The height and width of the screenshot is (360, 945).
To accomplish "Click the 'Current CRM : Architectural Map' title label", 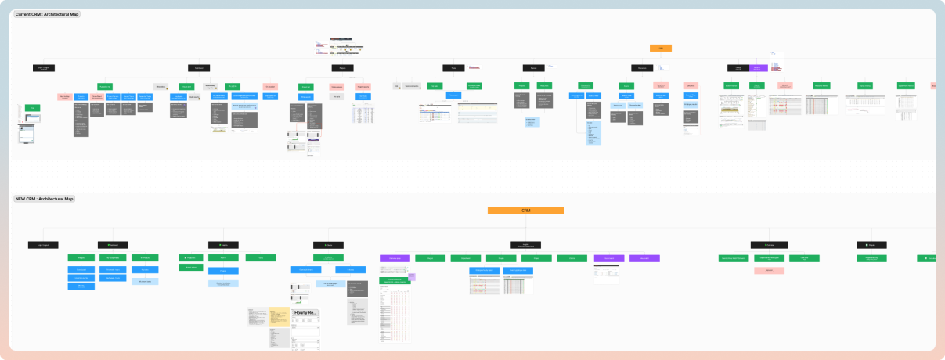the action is (x=46, y=14).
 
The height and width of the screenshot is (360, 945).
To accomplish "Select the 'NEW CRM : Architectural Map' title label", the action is (x=44, y=199).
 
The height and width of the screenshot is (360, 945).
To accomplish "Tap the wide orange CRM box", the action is (x=525, y=211).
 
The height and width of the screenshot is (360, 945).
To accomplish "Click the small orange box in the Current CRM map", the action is (x=660, y=49).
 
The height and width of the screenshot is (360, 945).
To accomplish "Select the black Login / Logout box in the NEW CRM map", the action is (x=43, y=245).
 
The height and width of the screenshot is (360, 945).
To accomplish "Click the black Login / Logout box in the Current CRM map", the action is (x=44, y=68).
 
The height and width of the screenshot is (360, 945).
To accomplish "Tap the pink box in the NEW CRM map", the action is (x=770, y=270).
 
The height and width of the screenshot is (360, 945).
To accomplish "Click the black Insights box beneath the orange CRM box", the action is (x=525, y=245).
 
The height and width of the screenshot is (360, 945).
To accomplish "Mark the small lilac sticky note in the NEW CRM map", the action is (x=411, y=277).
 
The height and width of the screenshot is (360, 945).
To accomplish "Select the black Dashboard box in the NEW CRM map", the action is (x=112, y=245).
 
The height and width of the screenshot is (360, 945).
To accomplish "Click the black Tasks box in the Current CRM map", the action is (x=453, y=68).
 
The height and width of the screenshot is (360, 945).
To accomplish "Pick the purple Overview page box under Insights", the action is (x=395, y=258).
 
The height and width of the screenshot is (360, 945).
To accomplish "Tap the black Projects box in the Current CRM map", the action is (x=342, y=68).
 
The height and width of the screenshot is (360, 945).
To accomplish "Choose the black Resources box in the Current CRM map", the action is (x=642, y=68).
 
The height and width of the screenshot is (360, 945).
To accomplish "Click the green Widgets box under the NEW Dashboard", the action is (x=81, y=258).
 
